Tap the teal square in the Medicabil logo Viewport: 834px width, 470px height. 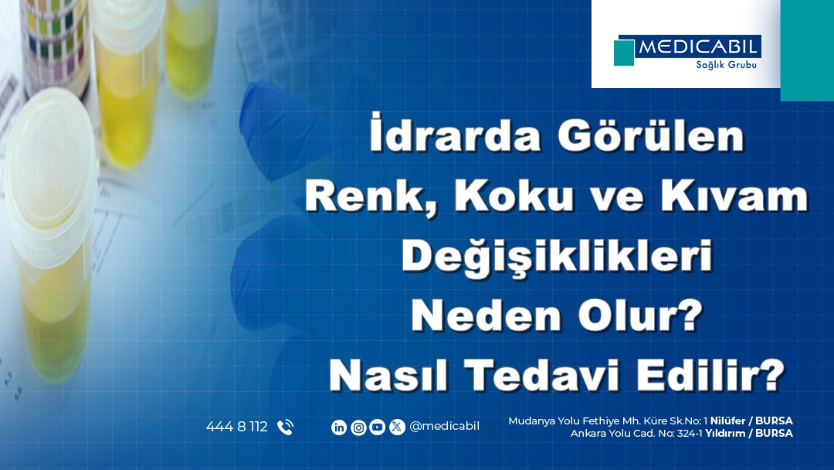[x=624, y=53]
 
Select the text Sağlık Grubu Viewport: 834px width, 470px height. [x=721, y=65]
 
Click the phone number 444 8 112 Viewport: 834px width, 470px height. [x=237, y=427]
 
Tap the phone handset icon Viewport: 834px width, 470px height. [x=285, y=427]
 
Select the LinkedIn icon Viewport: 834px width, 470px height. [x=339, y=427]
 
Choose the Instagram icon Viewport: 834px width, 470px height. [x=358, y=427]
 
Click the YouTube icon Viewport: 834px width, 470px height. [x=378, y=427]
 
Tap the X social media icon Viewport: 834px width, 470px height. [x=397, y=427]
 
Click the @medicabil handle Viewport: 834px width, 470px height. [x=444, y=427]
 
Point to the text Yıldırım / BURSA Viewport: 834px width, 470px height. [x=748, y=434]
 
